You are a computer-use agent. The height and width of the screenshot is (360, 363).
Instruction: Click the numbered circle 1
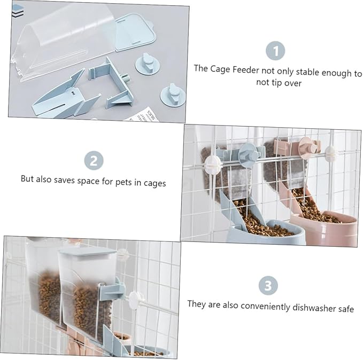[x=275, y=51]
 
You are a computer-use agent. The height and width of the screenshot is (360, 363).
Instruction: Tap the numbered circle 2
[x=94, y=161]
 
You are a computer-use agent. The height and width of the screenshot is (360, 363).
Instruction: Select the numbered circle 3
[x=268, y=286]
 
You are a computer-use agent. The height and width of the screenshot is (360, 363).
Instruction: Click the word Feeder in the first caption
[x=245, y=69]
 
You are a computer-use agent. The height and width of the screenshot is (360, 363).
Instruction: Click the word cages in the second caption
[x=155, y=183]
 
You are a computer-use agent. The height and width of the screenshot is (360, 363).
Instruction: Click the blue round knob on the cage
[x=249, y=154]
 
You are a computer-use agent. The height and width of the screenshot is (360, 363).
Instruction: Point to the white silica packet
[x=142, y=115]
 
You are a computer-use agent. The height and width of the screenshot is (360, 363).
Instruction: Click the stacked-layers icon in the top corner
[x=18, y=11]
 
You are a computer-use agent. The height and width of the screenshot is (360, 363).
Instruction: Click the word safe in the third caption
[x=346, y=309]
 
